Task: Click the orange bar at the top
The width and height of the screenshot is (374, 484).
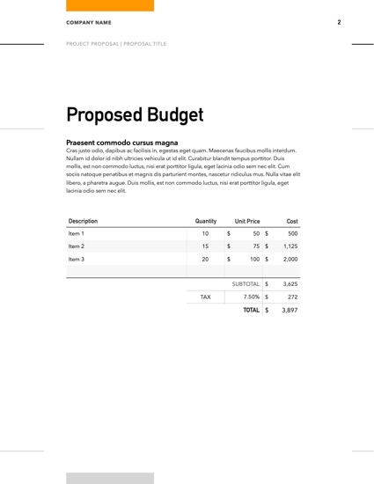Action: click(x=110, y=5)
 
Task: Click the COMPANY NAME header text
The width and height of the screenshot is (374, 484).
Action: click(x=88, y=22)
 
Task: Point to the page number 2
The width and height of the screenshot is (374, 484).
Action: click(x=339, y=22)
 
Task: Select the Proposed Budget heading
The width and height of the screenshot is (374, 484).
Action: click(x=135, y=114)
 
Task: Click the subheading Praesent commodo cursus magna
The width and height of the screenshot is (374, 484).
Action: click(x=122, y=142)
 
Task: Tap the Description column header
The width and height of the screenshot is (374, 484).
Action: click(x=83, y=220)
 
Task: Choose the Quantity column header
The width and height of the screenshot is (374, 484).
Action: click(x=205, y=220)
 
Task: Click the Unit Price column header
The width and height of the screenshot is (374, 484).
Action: click(x=246, y=220)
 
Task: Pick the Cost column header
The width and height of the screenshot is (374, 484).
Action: click(x=292, y=220)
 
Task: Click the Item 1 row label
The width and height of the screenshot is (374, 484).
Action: click(x=77, y=234)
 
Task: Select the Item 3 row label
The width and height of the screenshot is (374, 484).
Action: click(x=77, y=260)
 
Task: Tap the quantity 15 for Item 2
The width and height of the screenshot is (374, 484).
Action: click(x=205, y=246)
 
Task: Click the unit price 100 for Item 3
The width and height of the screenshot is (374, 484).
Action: click(x=253, y=260)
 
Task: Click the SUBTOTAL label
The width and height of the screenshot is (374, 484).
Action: click(x=246, y=284)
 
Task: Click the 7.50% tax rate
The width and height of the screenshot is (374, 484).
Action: click(x=250, y=297)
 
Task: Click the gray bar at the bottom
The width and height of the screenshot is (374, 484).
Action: click(x=110, y=478)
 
